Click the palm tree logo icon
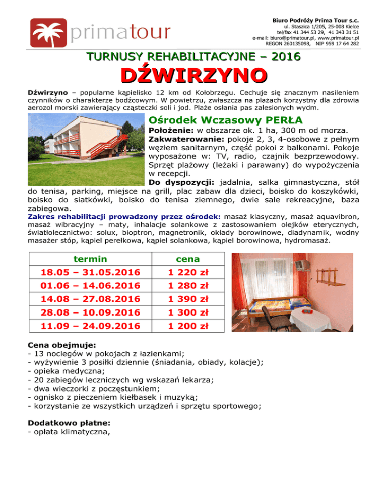point(47,32)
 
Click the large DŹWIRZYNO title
point(193,77)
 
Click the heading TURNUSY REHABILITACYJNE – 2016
point(193,57)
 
